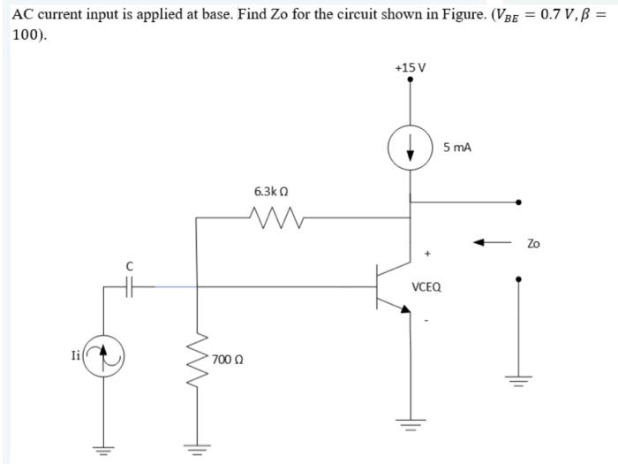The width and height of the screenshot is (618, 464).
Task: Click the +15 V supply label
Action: [x=410, y=68]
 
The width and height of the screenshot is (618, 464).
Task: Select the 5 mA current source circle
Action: [x=410, y=148]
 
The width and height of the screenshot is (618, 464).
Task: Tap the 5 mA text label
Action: [x=457, y=148]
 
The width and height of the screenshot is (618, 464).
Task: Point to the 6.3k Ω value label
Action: [x=271, y=191]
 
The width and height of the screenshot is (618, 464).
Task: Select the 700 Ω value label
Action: [x=227, y=360]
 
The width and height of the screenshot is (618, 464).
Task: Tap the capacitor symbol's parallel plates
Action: [x=130, y=285]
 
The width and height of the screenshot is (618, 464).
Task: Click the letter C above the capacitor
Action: [x=130, y=265]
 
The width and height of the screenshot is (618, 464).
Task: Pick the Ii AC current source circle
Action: [x=104, y=356]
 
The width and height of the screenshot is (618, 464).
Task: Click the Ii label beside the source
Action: [x=77, y=356]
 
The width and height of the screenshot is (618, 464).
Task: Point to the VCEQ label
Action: [x=427, y=287]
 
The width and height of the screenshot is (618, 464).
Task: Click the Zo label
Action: [x=533, y=242]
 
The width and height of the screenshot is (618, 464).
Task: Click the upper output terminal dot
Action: [x=518, y=202]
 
